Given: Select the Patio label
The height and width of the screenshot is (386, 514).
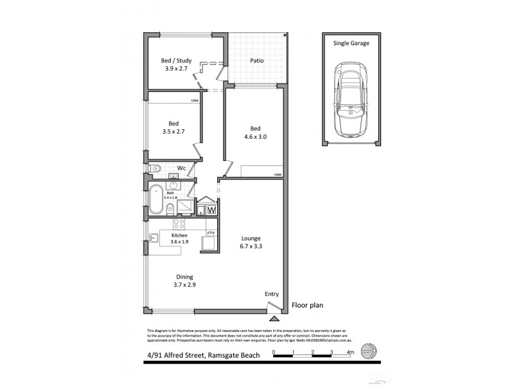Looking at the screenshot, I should coord(256,61).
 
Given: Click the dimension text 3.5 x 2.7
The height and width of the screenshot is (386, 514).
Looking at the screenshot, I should coord(173,131).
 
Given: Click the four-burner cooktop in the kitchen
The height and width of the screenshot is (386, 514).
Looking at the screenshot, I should coord(179,225).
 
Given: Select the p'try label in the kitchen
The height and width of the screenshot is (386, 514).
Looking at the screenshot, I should coord(209,232).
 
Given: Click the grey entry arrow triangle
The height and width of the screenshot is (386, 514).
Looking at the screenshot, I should coord(274,318).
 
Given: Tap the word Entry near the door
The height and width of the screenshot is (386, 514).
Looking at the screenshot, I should coord(272,294).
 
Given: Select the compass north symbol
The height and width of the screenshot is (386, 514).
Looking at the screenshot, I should coord(368,351).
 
